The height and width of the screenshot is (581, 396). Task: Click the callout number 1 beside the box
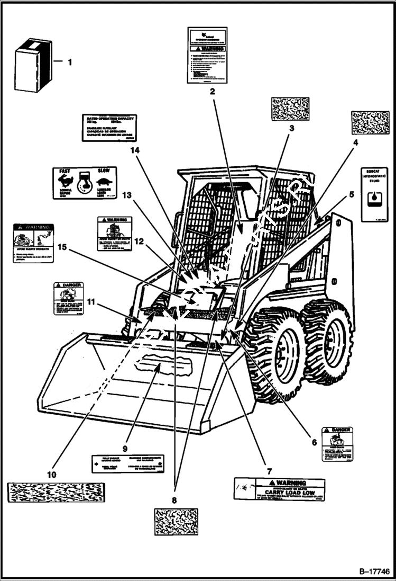(69, 62)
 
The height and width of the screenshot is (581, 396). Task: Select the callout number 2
(212, 91)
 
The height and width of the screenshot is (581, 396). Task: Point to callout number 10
(51, 475)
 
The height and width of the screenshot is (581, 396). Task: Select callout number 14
(136, 150)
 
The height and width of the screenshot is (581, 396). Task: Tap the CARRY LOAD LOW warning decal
(279, 489)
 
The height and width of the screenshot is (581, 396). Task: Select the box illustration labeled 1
(33, 65)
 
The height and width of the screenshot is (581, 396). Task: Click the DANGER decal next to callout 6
(337, 443)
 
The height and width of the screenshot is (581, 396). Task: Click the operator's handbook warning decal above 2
(207, 55)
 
